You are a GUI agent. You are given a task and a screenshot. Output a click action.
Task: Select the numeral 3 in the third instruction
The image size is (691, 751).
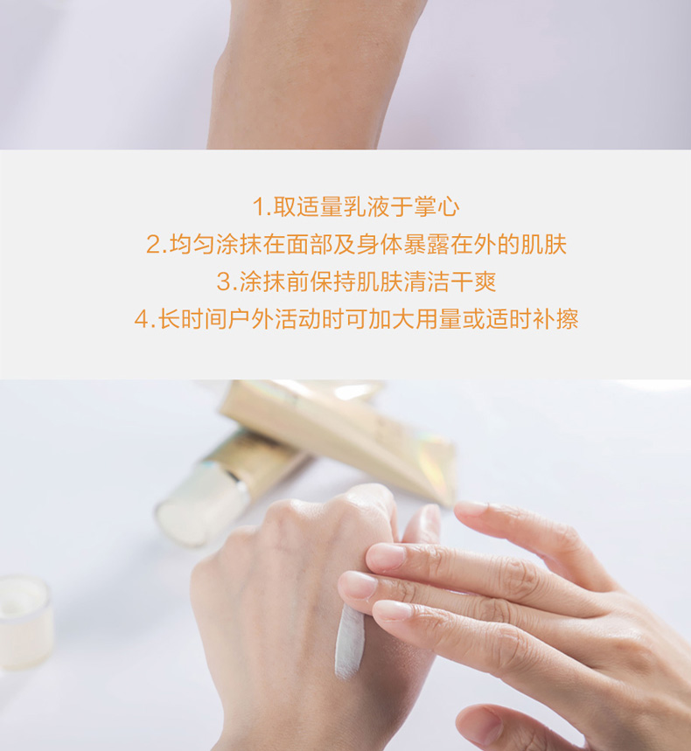click(x=224, y=282)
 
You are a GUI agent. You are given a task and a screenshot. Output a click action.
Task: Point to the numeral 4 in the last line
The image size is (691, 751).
click(x=143, y=319)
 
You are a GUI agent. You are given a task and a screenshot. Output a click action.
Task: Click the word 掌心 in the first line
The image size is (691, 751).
click(x=436, y=207)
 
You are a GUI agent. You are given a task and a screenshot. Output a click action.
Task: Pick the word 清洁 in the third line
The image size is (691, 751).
click(x=426, y=282)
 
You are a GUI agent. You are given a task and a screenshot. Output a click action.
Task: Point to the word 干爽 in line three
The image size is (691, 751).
click(x=473, y=282)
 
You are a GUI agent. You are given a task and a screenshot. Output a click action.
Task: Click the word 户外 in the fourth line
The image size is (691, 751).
click(x=251, y=319)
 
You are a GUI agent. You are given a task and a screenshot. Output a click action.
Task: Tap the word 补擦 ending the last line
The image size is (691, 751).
click(x=555, y=319)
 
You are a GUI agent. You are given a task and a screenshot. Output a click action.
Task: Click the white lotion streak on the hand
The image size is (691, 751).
click(x=349, y=641)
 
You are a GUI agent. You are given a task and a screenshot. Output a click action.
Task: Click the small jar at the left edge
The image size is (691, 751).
click(x=24, y=622)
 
